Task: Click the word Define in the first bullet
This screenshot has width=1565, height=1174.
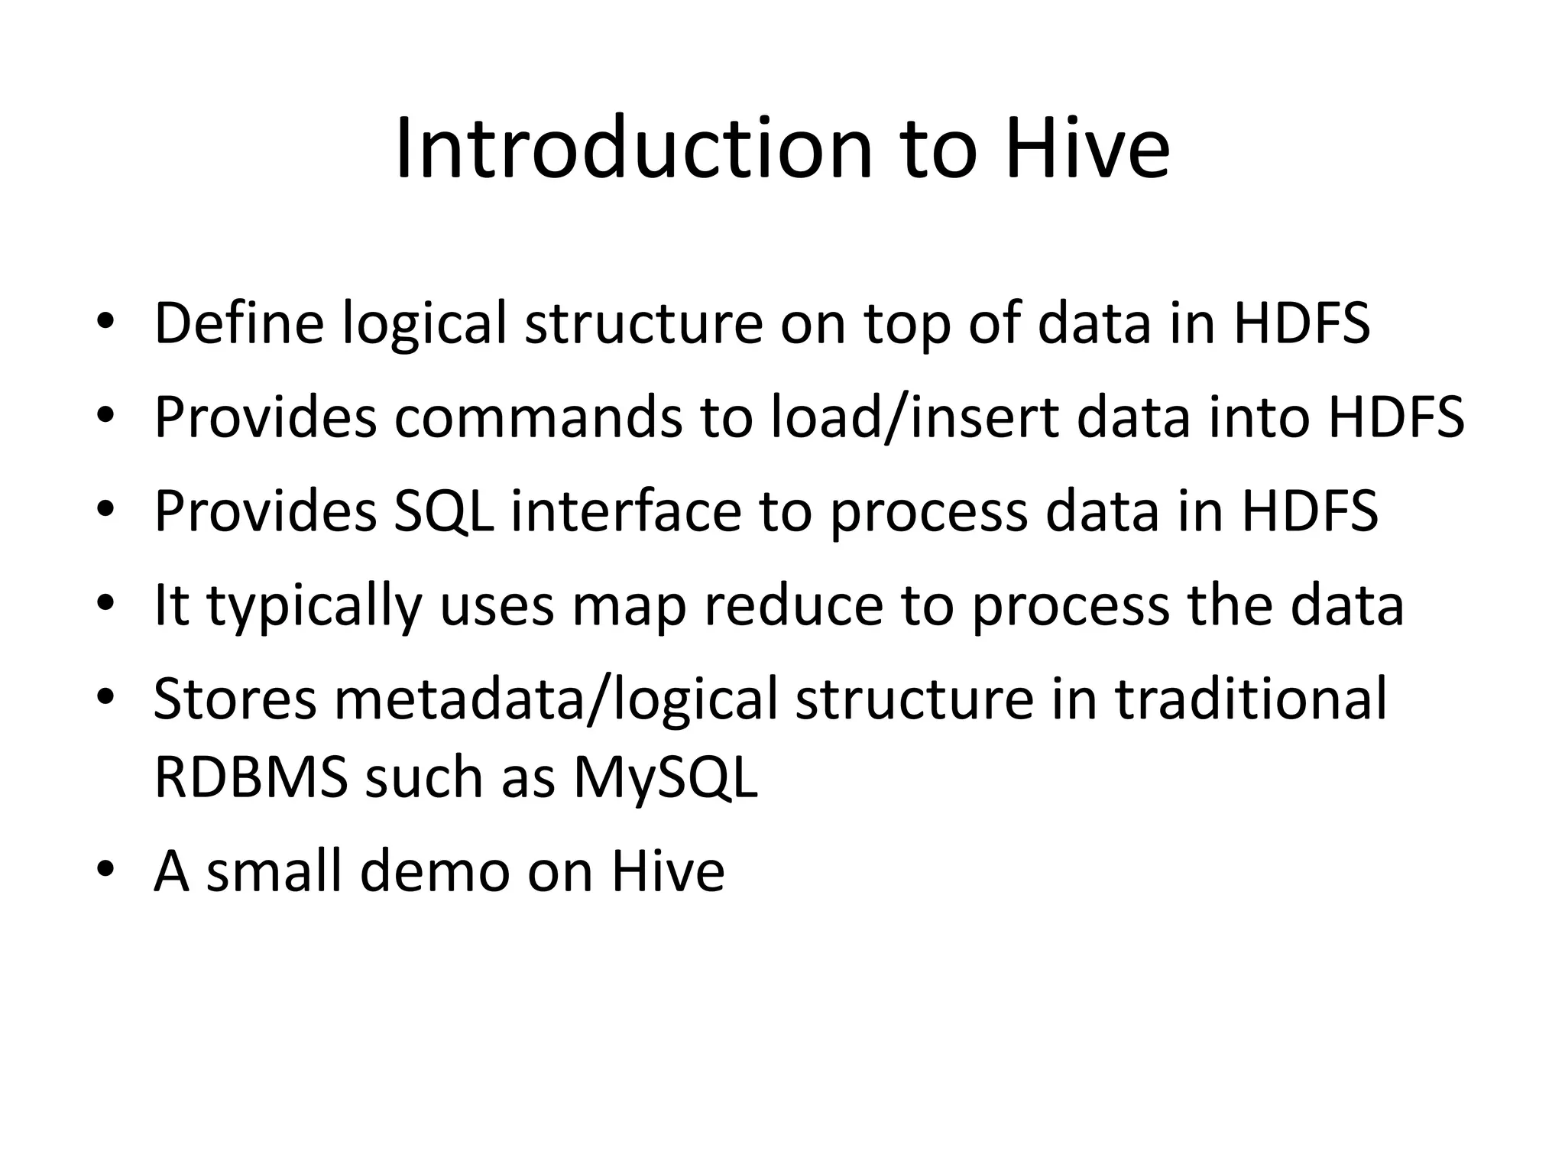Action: pos(239,323)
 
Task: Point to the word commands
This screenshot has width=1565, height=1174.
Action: pos(538,417)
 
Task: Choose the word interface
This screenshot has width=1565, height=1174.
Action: pos(627,511)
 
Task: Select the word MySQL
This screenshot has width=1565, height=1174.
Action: pos(666,779)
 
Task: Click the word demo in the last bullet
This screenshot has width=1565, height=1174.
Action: pos(435,871)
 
